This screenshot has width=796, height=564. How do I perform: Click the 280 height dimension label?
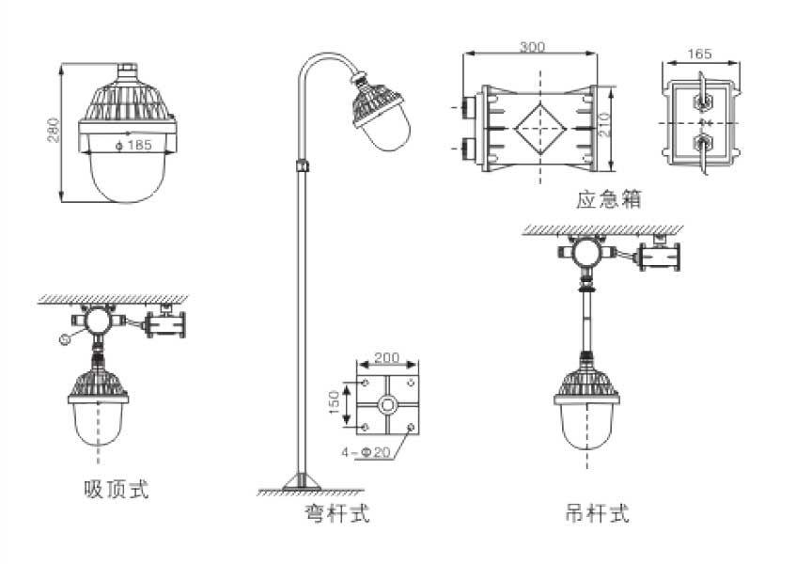pos(54,131)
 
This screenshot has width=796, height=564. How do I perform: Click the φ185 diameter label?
pos(133,146)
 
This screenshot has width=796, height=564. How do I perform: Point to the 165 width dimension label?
pos(699,55)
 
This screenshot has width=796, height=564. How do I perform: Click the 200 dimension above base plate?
pos(386,358)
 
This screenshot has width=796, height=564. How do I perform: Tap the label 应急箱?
pos(609,199)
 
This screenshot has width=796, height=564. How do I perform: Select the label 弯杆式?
pos(336,513)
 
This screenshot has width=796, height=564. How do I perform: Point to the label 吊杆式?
pos(597,513)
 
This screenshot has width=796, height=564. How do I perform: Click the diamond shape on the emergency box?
pos(538,129)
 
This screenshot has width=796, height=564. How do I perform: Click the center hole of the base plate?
pos(386,407)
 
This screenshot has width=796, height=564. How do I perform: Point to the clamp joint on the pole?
pos(302,165)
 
